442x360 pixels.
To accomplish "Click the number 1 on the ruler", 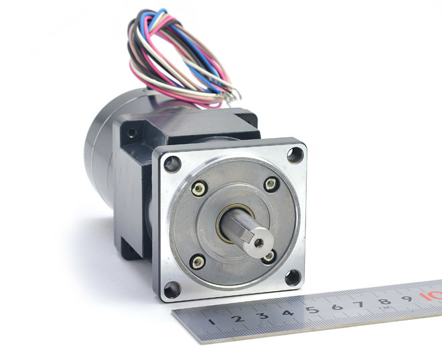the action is coord(212,321).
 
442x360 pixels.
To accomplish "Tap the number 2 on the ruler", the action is coord(238,319).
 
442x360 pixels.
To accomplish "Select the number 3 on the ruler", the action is coord(263,315).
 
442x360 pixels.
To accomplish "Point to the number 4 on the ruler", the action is coord(287,312).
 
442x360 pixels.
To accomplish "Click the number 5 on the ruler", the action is coord(312,310).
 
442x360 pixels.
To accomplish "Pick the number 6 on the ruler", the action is coord(337,306).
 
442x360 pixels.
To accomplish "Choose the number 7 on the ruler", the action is coord(360,304).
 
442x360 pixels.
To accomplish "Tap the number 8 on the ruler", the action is coord(384,301).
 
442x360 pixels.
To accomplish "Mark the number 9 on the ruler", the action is coord(407,298).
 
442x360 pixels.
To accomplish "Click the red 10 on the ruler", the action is coord(431,296).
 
